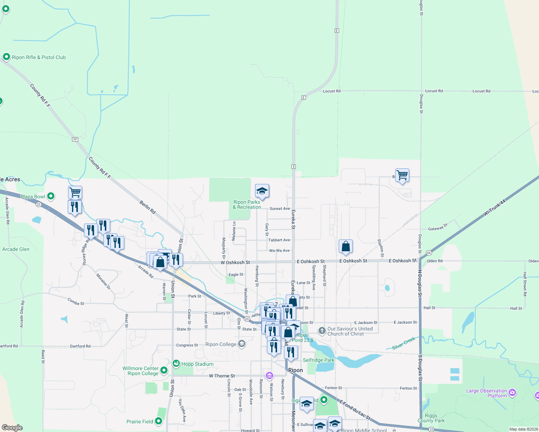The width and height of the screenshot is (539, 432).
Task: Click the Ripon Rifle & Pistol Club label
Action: pyautogui.click(x=39, y=57)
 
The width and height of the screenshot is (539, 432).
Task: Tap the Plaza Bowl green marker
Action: pyautogui.click(x=51, y=196)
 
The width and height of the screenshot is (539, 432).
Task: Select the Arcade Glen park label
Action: pyautogui.click(x=16, y=249)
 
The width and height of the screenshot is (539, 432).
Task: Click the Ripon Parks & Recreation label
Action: pyautogui.click(x=247, y=204)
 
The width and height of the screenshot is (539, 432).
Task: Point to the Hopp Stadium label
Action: pyautogui.click(x=197, y=364)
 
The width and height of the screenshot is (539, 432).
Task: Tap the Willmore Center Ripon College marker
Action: pyautogui.click(x=164, y=370)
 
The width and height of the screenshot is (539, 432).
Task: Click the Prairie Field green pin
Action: pyautogui.click(x=159, y=421)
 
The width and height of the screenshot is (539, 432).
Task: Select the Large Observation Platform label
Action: pyautogui.click(x=486, y=393)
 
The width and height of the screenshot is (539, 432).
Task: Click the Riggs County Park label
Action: pyautogui.click(x=431, y=418)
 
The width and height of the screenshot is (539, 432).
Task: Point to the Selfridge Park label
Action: pyautogui.click(x=318, y=360)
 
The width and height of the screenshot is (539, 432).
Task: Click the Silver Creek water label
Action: pyautogui.click(x=404, y=343)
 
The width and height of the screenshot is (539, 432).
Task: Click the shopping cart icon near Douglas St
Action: pyautogui.click(x=402, y=176)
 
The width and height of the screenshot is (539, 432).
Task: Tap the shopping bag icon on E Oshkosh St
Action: pyautogui.click(x=346, y=247)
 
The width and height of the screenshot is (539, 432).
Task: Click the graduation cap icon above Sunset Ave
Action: pyautogui.click(x=262, y=191)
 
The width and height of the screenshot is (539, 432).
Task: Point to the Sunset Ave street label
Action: pyautogui.click(x=280, y=208)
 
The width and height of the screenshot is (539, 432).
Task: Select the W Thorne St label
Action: pyautogui.click(x=222, y=376)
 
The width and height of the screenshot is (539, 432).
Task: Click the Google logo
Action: pyautogui.click(x=12, y=427)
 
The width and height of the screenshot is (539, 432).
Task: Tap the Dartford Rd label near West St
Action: pyautogui.click(x=80, y=346)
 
